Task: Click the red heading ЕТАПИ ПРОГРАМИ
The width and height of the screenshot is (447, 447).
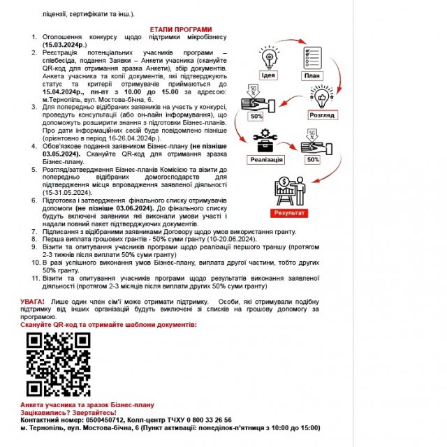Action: click(x=181, y=30)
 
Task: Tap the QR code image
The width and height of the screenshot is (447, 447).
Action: click(x=58, y=364)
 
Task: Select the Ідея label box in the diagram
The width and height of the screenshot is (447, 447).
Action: click(x=268, y=75)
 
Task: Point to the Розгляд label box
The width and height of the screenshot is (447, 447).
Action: click(x=322, y=115)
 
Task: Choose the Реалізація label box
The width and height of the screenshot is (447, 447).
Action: click(x=266, y=159)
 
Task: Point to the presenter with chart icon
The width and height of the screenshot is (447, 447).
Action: click(x=293, y=187)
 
